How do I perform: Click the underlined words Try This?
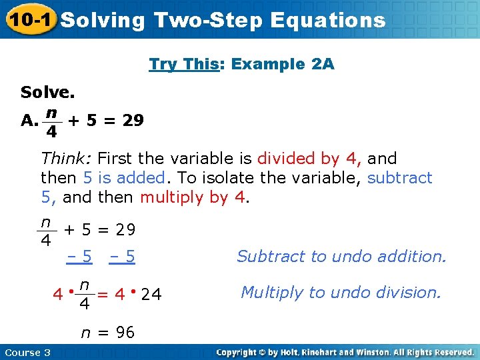[179, 65]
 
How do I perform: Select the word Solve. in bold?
[47, 92]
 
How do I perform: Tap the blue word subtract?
[400, 178]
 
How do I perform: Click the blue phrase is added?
[131, 178]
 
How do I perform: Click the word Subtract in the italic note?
[269, 257]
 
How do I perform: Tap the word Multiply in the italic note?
[271, 293]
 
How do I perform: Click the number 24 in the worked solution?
[152, 294]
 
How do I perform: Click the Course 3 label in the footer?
[27, 352]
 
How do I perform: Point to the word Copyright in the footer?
[239, 352]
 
